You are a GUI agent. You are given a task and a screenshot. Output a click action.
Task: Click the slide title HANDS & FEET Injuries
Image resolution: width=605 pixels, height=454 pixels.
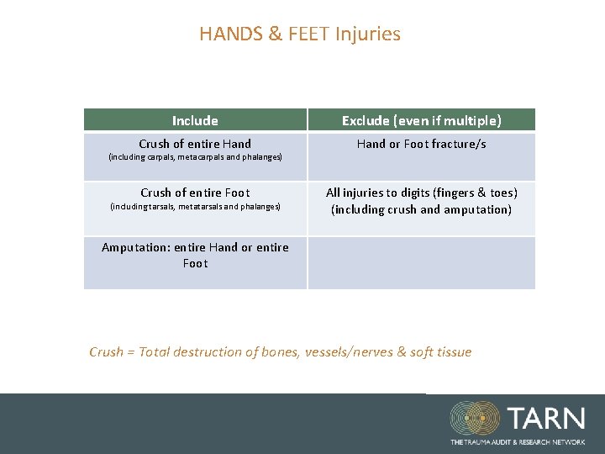[300, 34]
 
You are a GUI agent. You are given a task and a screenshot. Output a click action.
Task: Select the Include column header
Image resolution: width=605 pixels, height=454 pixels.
[195, 121]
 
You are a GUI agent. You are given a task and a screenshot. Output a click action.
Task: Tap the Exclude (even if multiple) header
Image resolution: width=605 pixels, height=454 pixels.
[421, 121]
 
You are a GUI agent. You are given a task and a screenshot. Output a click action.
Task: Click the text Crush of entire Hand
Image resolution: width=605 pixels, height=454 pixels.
[195, 144]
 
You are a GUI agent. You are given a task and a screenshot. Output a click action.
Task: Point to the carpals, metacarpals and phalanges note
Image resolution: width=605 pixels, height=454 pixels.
[195, 157]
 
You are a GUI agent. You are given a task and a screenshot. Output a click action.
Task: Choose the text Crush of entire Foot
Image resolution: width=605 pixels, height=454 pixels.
[195, 193]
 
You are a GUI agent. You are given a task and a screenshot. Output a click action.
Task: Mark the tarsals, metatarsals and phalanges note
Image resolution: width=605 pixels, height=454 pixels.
[195, 206]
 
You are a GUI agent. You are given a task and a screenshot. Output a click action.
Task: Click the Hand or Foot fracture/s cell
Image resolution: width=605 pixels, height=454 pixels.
[421, 144]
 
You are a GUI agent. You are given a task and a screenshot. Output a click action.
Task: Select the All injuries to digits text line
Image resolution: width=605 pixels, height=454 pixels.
[421, 193]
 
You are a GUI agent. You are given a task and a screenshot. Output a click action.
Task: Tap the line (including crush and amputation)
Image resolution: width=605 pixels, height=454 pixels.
[421, 209]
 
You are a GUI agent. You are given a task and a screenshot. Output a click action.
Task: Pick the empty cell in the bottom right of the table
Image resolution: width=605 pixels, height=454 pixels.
[421, 263]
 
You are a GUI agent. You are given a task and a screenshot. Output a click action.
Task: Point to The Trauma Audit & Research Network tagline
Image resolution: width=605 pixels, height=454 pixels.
[517, 441]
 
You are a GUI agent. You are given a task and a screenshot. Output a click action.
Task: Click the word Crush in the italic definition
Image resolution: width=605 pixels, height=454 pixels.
[106, 352]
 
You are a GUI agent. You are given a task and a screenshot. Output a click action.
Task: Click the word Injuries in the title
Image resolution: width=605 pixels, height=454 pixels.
[368, 34]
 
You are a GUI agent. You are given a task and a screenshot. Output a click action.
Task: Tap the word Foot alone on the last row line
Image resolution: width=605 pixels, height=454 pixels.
[195, 263]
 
